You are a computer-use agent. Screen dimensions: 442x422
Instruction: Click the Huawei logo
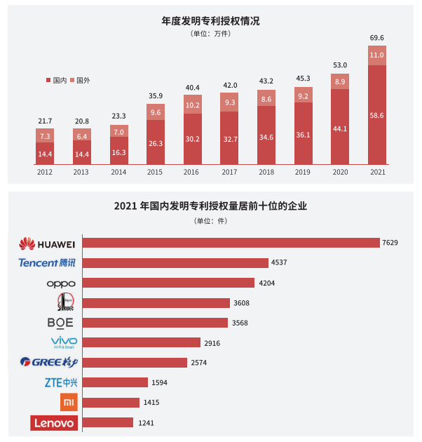pos(46,243)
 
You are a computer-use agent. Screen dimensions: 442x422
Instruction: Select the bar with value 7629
pos(231,243)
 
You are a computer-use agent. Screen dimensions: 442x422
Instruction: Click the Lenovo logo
pos(54,423)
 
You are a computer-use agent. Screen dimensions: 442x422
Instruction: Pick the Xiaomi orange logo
pos(68,403)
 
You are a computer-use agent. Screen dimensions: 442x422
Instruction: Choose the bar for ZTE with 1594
pos(115,382)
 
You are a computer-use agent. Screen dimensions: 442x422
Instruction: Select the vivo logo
pos(64,342)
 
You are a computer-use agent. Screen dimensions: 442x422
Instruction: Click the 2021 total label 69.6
pos(376,37)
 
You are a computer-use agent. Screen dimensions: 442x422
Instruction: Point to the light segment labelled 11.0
pos(376,55)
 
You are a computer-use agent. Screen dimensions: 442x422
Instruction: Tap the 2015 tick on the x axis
pos(155,170)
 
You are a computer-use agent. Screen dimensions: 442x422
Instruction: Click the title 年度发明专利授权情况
pos(210,21)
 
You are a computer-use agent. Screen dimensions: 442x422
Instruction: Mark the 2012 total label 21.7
pos(45,121)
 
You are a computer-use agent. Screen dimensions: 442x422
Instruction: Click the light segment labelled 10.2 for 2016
pos(193,105)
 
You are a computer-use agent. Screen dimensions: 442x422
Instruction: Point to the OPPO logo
pos(60,283)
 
